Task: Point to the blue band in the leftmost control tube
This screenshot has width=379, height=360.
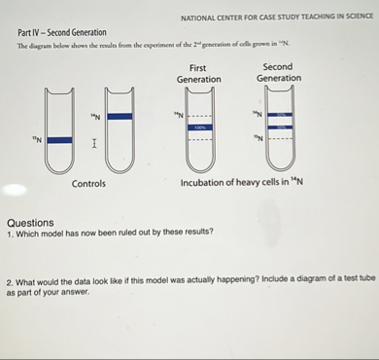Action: coord(59,140)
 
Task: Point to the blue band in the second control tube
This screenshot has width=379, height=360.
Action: coord(120,117)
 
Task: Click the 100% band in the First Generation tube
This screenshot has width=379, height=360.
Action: coord(198,127)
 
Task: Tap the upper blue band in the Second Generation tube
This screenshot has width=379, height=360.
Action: coord(279,116)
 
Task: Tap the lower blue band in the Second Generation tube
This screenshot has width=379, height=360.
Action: coord(279,127)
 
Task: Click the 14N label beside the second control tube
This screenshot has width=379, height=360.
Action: coord(96,117)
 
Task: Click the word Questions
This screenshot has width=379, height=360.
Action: coord(29,222)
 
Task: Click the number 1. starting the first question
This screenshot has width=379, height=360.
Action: coord(9,234)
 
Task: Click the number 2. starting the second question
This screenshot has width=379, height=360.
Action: coord(9,278)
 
